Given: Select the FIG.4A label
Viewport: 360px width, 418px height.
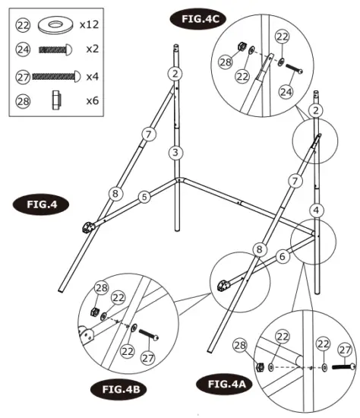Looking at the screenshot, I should [x=223, y=384].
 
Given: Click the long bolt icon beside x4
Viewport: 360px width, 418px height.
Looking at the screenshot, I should [x=54, y=76].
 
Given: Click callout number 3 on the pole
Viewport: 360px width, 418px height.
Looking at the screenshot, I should [x=175, y=153].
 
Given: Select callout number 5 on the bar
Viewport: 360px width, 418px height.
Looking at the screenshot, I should [x=144, y=197].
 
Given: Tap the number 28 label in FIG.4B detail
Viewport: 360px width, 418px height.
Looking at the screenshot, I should [x=101, y=287].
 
